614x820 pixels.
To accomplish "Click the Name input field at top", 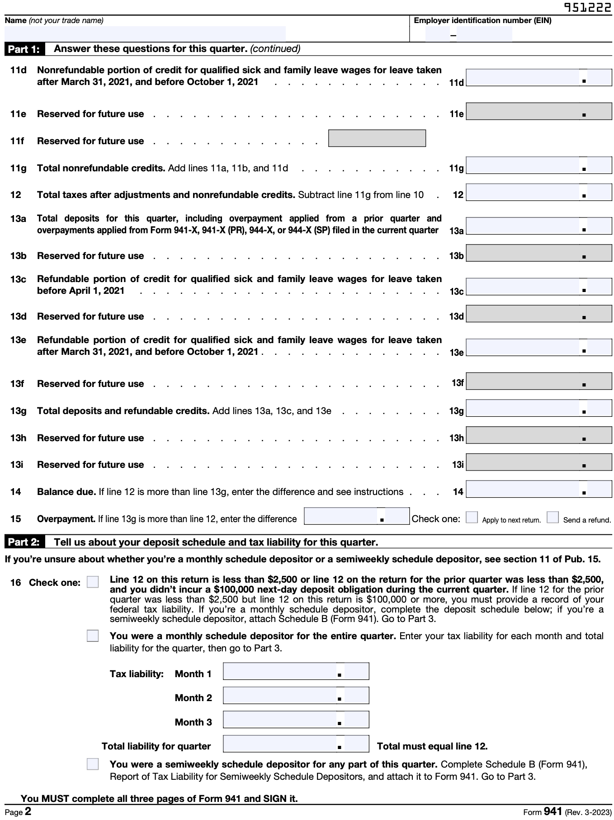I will (x=145, y=33).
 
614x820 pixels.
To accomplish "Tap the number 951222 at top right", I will (x=587, y=8).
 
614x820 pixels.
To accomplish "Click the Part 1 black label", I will (x=24, y=49).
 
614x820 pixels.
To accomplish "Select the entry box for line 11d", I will (x=538, y=78).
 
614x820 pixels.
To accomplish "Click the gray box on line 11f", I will (x=377, y=138).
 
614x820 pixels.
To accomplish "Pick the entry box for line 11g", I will (x=538, y=165).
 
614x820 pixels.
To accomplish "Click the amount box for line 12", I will (x=538, y=193).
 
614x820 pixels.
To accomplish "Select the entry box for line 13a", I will (x=538, y=226).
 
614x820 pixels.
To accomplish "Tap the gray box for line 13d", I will (x=538, y=314).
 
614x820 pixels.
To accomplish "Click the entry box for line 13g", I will (x=538, y=408).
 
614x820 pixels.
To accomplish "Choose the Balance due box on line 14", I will (x=538, y=489).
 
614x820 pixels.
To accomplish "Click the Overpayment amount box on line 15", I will (x=356, y=516).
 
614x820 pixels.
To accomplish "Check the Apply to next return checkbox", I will (x=472, y=517).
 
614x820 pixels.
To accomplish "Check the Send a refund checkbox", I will (x=552, y=517).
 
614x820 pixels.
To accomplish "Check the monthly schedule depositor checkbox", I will (x=93, y=636).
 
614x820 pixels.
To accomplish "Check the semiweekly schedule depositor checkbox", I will (x=93, y=764).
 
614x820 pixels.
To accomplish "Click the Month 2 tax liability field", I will (x=296, y=695).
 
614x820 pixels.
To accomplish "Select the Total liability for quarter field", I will (x=296, y=744).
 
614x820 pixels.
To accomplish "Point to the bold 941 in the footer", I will (x=553, y=811).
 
